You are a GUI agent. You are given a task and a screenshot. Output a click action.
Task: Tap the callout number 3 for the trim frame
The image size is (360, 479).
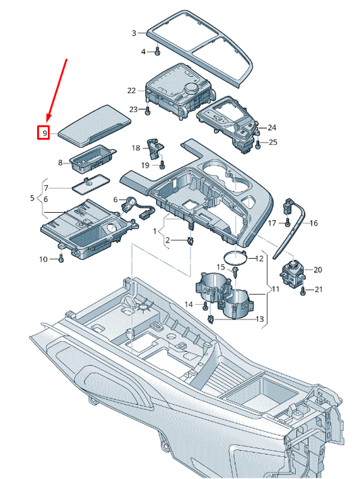(134, 32)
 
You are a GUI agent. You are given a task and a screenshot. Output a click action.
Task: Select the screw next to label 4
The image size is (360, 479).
(157, 51)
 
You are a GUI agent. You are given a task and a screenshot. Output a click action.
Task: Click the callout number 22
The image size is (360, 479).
(131, 90)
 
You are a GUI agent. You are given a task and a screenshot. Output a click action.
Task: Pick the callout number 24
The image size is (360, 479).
(272, 128)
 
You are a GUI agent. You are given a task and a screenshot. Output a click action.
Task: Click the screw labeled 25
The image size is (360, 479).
(256, 143)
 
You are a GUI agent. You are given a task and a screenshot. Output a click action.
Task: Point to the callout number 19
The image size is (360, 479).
(144, 165)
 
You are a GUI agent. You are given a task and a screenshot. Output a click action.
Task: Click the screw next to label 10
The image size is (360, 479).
(61, 258)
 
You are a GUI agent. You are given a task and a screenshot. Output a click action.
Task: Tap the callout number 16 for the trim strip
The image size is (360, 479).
(313, 223)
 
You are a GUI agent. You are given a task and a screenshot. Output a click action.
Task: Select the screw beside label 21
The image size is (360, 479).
(303, 290)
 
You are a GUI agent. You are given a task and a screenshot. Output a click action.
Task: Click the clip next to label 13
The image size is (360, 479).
(212, 319)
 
